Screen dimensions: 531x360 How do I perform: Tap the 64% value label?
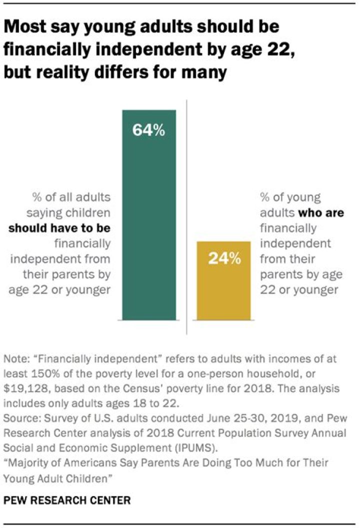(x=148, y=130)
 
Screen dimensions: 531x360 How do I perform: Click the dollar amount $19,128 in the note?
(x=23, y=387)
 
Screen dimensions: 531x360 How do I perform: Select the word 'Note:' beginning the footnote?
(x=15, y=359)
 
